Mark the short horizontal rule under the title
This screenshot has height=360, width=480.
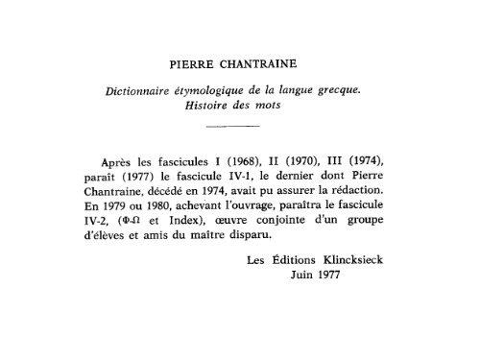pos(233,127)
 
